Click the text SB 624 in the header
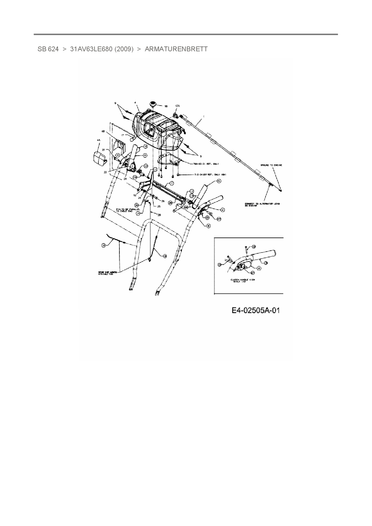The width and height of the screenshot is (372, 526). [x=48, y=49]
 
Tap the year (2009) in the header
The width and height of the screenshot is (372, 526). [x=124, y=49]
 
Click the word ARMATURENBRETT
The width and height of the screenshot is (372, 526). [x=176, y=49]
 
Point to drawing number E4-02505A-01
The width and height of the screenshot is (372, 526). [x=256, y=310]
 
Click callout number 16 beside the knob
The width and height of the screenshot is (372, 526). [x=166, y=106]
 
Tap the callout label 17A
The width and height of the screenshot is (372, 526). [x=177, y=106]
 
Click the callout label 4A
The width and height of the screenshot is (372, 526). [x=99, y=140]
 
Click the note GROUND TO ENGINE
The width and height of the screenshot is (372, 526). [x=271, y=165]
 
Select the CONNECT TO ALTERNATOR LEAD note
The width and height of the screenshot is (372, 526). [x=262, y=205]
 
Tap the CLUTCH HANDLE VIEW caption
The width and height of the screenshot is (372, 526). [x=242, y=281]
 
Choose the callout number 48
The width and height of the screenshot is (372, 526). [x=103, y=131]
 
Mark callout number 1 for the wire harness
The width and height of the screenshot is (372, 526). [x=204, y=116]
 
